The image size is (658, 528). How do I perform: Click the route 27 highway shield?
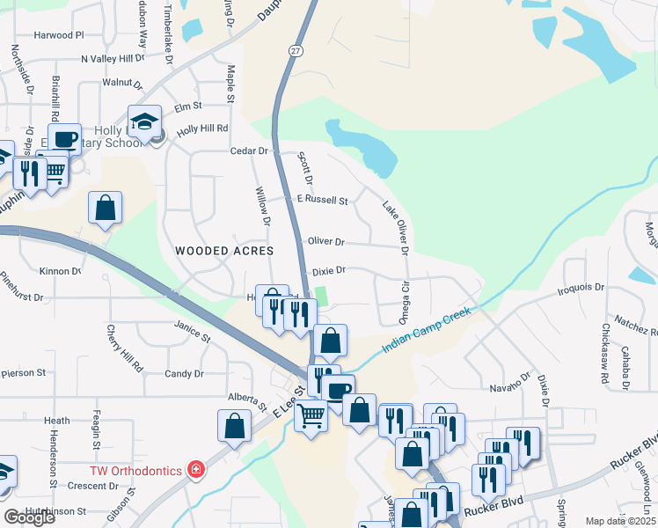click(x=296, y=52)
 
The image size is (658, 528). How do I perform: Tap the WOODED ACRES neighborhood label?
click(x=216, y=251)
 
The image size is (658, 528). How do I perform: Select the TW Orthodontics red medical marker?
click(x=194, y=471)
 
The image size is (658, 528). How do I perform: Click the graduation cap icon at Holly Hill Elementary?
click(x=144, y=120)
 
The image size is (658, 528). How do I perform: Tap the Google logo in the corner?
click(x=30, y=517)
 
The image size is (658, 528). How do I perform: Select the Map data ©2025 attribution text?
click(x=619, y=521)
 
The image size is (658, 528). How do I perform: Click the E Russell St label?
click(x=322, y=200)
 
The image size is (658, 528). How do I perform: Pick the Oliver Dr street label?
click(x=325, y=241)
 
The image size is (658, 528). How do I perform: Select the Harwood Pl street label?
click(x=58, y=35)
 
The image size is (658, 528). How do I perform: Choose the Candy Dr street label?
click(x=184, y=373)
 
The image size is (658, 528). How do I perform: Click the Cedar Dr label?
click(x=248, y=150)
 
